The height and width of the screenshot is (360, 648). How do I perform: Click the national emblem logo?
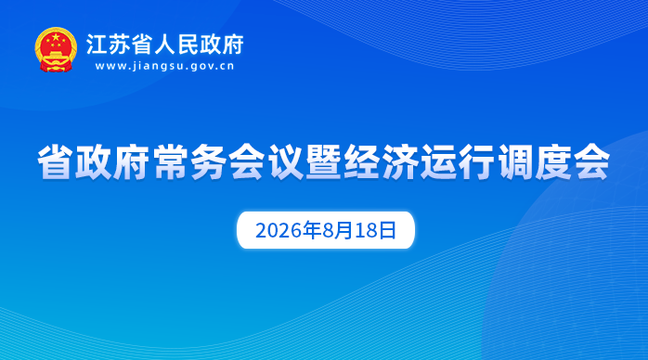(x=56, y=50)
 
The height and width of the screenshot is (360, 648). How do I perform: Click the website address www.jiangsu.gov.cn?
(x=165, y=66)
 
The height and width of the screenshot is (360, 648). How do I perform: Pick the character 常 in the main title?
(x=170, y=161)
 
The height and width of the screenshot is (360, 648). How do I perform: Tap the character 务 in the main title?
(x=209, y=161)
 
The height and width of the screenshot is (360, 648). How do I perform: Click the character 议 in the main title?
(x=285, y=161)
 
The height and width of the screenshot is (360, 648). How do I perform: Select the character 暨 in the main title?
(x=324, y=161)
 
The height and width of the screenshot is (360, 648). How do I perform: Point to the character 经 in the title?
(x=362, y=161)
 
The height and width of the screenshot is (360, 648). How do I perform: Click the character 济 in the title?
(x=400, y=161)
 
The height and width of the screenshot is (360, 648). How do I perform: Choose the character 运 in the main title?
(x=438, y=161)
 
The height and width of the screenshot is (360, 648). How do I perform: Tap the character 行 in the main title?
(x=476, y=161)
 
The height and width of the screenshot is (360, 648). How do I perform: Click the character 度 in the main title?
(x=553, y=161)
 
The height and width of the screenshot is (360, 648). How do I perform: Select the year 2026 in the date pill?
(x=279, y=231)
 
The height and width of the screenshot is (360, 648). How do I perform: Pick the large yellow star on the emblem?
(x=56, y=37)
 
